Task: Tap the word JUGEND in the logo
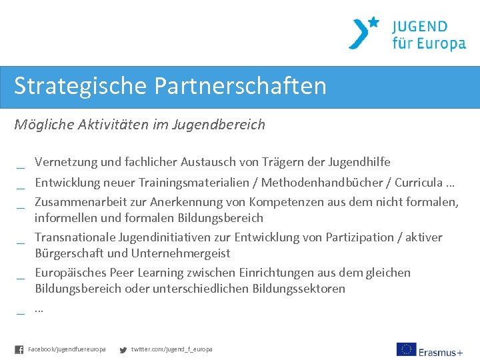419,27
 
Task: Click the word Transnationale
75,237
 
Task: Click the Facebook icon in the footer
19,349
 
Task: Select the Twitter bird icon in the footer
123,349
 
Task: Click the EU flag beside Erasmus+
406,349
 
